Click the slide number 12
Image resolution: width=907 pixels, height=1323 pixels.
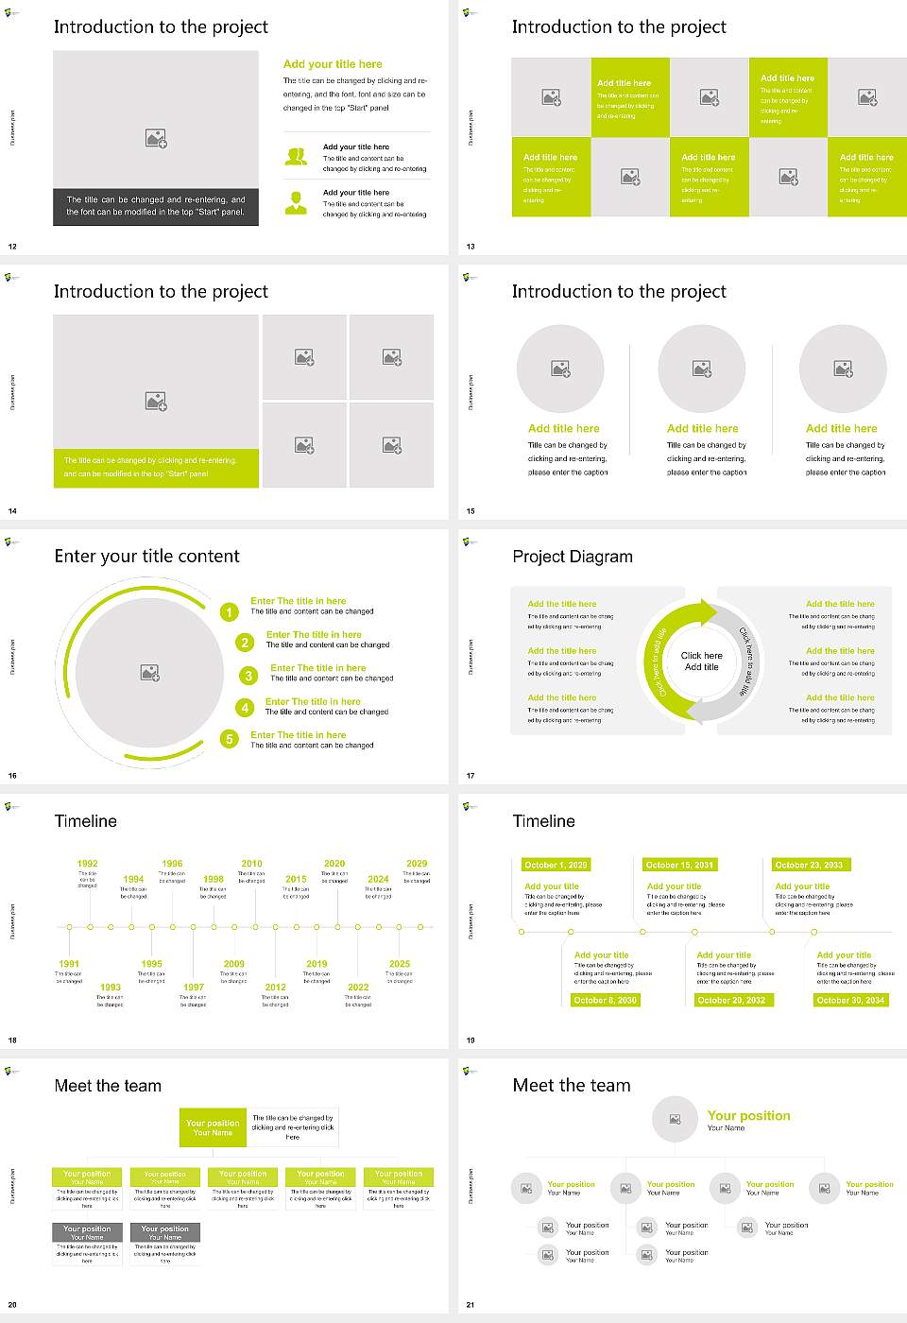[x=12, y=247]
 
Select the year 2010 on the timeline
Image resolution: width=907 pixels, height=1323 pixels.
[x=252, y=864]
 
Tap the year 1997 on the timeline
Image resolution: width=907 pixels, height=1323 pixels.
[x=194, y=987]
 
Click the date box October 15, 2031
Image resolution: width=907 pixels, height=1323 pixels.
[x=679, y=865]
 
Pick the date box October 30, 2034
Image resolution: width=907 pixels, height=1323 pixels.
[x=850, y=1000]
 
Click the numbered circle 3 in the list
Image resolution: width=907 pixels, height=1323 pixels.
[x=248, y=676]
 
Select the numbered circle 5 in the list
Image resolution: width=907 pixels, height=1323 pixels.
[x=230, y=739]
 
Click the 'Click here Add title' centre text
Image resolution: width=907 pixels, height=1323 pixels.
[x=701, y=661]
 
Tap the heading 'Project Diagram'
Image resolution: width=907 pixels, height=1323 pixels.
[x=573, y=557]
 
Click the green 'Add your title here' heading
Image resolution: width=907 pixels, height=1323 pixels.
[x=333, y=64]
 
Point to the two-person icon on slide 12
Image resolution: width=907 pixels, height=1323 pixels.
[x=297, y=157]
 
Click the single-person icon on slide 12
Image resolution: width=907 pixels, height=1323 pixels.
[x=297, y=202]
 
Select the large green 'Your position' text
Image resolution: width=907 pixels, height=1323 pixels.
[x=748, y=1116]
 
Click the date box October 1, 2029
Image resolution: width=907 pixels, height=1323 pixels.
[x=556, y=865]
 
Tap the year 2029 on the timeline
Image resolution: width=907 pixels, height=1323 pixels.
[x=417, y=864]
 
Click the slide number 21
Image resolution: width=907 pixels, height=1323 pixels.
[x=471, y=1305]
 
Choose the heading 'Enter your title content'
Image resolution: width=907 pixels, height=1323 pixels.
[x=146, y=557]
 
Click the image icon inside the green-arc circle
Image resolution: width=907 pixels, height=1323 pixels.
[x=150, y=673]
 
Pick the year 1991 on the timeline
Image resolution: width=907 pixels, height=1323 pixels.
[x=69, y=964]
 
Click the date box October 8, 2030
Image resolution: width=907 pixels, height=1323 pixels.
[x=606, y=1000]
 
